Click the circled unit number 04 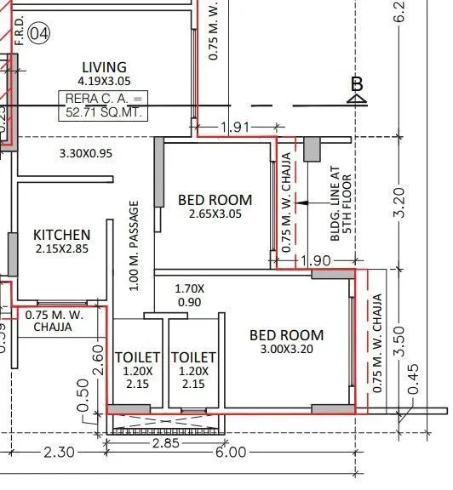39,34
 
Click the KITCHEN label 61,235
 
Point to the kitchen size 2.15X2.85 61,249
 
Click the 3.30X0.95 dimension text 86,154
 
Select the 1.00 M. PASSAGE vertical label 134,246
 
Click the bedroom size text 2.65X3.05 215,214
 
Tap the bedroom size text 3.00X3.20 286,349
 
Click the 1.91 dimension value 235,128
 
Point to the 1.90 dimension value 310,259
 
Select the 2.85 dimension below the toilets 165,443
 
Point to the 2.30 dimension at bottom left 58,453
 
